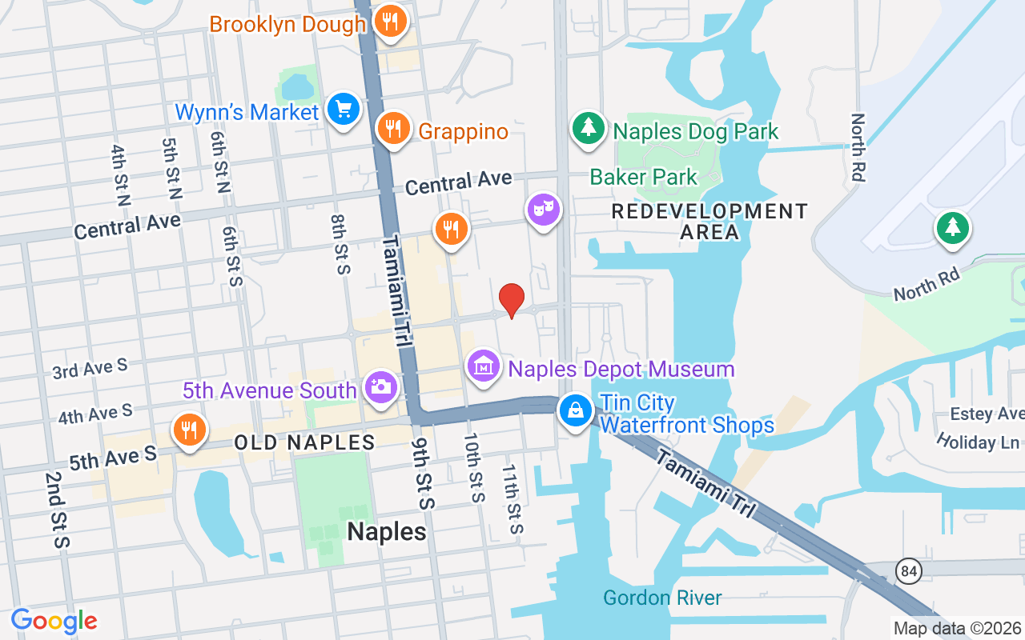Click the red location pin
tap(512, 300)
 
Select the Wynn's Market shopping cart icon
tap(344, 109)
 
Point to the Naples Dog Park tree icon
tap(589, 128)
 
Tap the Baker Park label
tap(644, 177)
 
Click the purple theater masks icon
tap(544, 210)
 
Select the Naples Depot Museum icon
tap(483, 366)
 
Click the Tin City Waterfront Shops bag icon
tap(575, 410)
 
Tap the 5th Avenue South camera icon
tap(380, 387)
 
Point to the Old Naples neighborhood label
tap(304, 442)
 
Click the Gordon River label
tap(662, 598)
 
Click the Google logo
tap(54, 622)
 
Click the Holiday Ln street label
tap(977, 442)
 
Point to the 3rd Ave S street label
tap(90, 369)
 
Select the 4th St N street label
tap(121, 176)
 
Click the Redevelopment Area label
tap(709, 222)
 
